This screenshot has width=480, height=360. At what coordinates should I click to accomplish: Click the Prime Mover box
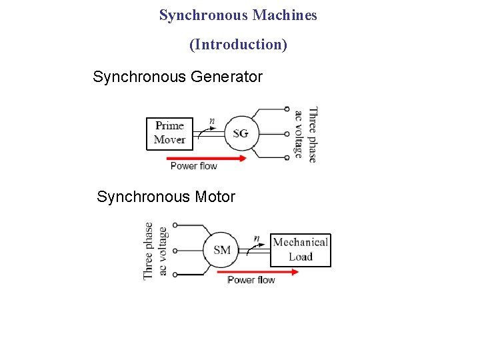[x=169, y=133]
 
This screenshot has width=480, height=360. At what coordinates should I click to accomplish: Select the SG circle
[x=241, y=133]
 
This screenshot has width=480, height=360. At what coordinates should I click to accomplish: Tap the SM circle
[x=222, y=250]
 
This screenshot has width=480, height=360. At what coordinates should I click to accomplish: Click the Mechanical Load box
[x=300, y=250]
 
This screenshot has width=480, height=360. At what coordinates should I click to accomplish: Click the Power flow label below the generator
[x=193, y=166]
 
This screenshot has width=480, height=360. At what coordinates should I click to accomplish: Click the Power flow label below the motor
[x=251, y=280]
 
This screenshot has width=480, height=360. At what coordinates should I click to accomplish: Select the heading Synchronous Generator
[x=178, y=77]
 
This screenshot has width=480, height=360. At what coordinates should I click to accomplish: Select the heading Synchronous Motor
[x=166, y=197]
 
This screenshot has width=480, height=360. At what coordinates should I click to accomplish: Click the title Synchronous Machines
[x=238, y=15]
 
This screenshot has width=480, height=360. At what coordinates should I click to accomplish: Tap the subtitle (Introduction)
[x=238, y=45]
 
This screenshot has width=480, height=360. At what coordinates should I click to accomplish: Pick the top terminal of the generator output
[x=287, y=109]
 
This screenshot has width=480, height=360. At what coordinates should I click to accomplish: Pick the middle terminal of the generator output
[x=287, y=133]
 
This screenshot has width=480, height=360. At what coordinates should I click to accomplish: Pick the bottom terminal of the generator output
[x=287, y=157]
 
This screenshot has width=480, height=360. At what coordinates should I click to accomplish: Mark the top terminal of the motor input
[x=174, y=226]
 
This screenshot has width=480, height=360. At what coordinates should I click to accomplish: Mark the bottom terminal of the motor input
[x=174, y=274]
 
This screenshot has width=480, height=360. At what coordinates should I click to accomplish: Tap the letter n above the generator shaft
[x=212, y=121]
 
